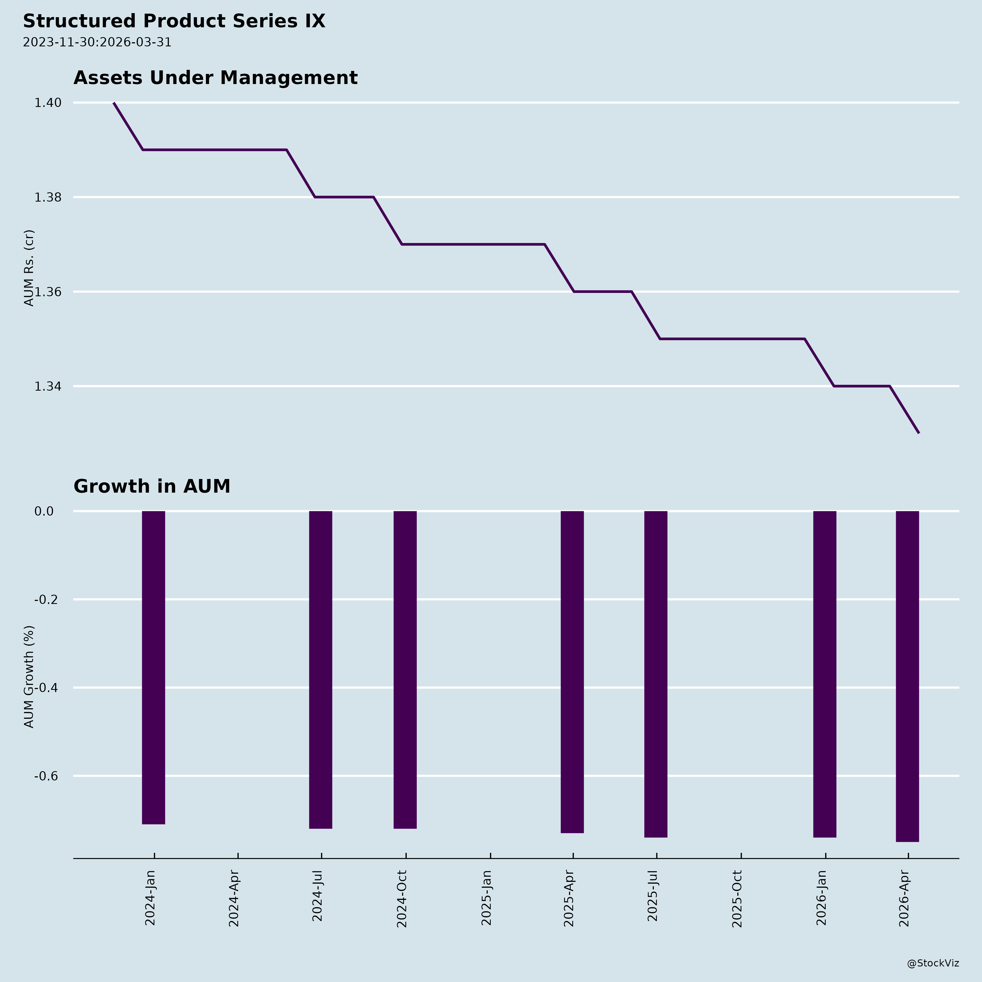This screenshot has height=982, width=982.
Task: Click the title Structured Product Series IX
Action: coord(174,21)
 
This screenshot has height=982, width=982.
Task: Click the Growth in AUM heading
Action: coord(152,486)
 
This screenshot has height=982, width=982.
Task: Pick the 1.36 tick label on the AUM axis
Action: coord(48,292)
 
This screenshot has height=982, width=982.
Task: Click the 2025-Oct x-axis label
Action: coord(737,899)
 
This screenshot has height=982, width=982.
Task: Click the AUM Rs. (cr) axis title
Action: coord(29,268)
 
